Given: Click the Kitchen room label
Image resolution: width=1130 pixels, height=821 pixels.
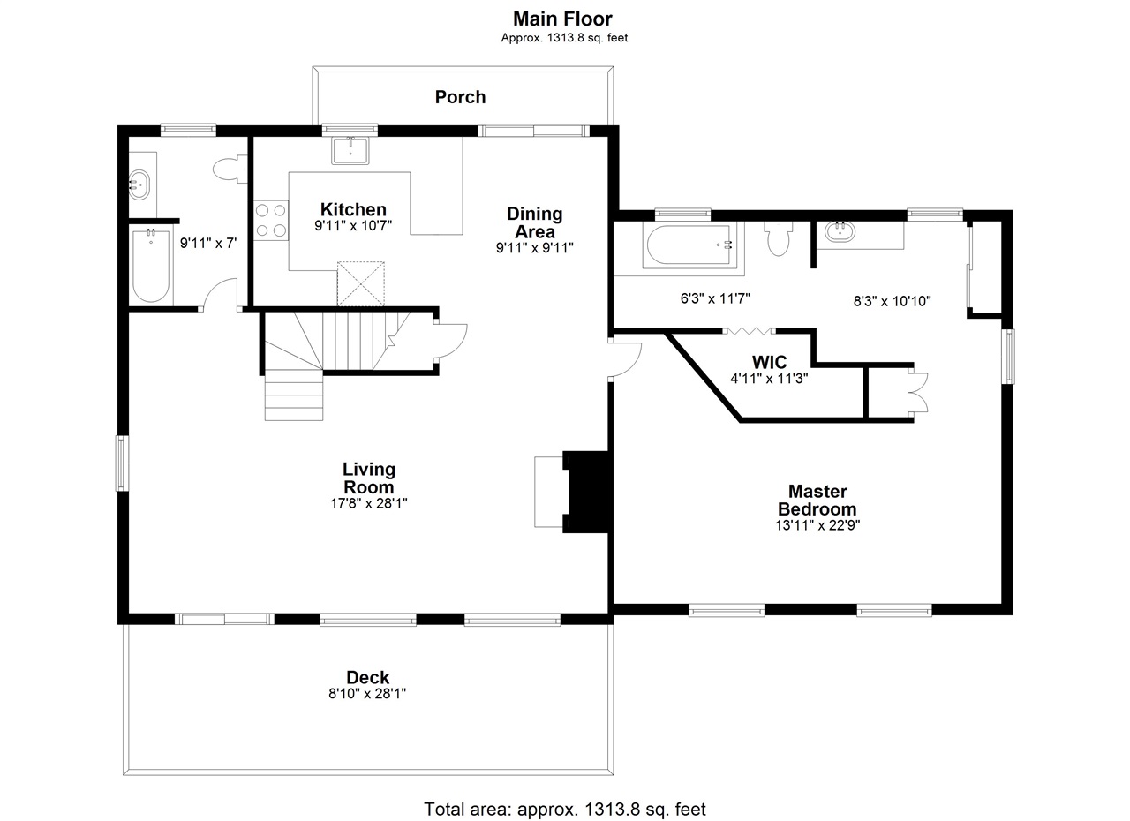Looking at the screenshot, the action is point(353,209).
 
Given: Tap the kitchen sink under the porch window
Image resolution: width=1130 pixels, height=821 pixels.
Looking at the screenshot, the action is point(350,150).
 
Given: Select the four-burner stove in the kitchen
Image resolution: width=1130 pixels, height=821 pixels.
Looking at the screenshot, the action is point(271,220).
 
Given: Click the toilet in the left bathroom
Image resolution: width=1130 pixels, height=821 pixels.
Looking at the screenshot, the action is point(230,169).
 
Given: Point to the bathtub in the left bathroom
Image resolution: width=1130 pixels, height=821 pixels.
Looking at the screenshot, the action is point(151,266).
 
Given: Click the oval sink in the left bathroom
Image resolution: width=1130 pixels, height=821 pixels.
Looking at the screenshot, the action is point(139,185).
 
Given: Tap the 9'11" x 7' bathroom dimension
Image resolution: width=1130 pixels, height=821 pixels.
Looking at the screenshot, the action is point(208,244).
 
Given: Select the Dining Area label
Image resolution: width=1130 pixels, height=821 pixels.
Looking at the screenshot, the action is point(535,222).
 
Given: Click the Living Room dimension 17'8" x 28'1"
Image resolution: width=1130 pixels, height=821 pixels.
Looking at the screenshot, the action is point(369,503).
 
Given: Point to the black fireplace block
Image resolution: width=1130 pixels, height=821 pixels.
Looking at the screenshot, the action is point(587,492).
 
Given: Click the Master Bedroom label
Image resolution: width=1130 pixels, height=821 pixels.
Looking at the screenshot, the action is point(817,500).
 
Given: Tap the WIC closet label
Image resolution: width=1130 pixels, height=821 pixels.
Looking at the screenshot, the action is point(769,362).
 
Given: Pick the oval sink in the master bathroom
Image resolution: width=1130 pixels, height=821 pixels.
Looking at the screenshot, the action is point(840,232).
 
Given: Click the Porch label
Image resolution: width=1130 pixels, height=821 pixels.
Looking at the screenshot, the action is point(460,97).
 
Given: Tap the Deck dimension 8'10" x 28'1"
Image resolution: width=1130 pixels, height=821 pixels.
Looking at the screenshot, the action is point(367,694).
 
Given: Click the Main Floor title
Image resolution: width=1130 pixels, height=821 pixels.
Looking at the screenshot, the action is point(562,19).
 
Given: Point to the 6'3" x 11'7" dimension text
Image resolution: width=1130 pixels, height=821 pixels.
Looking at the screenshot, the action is point(715,298).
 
